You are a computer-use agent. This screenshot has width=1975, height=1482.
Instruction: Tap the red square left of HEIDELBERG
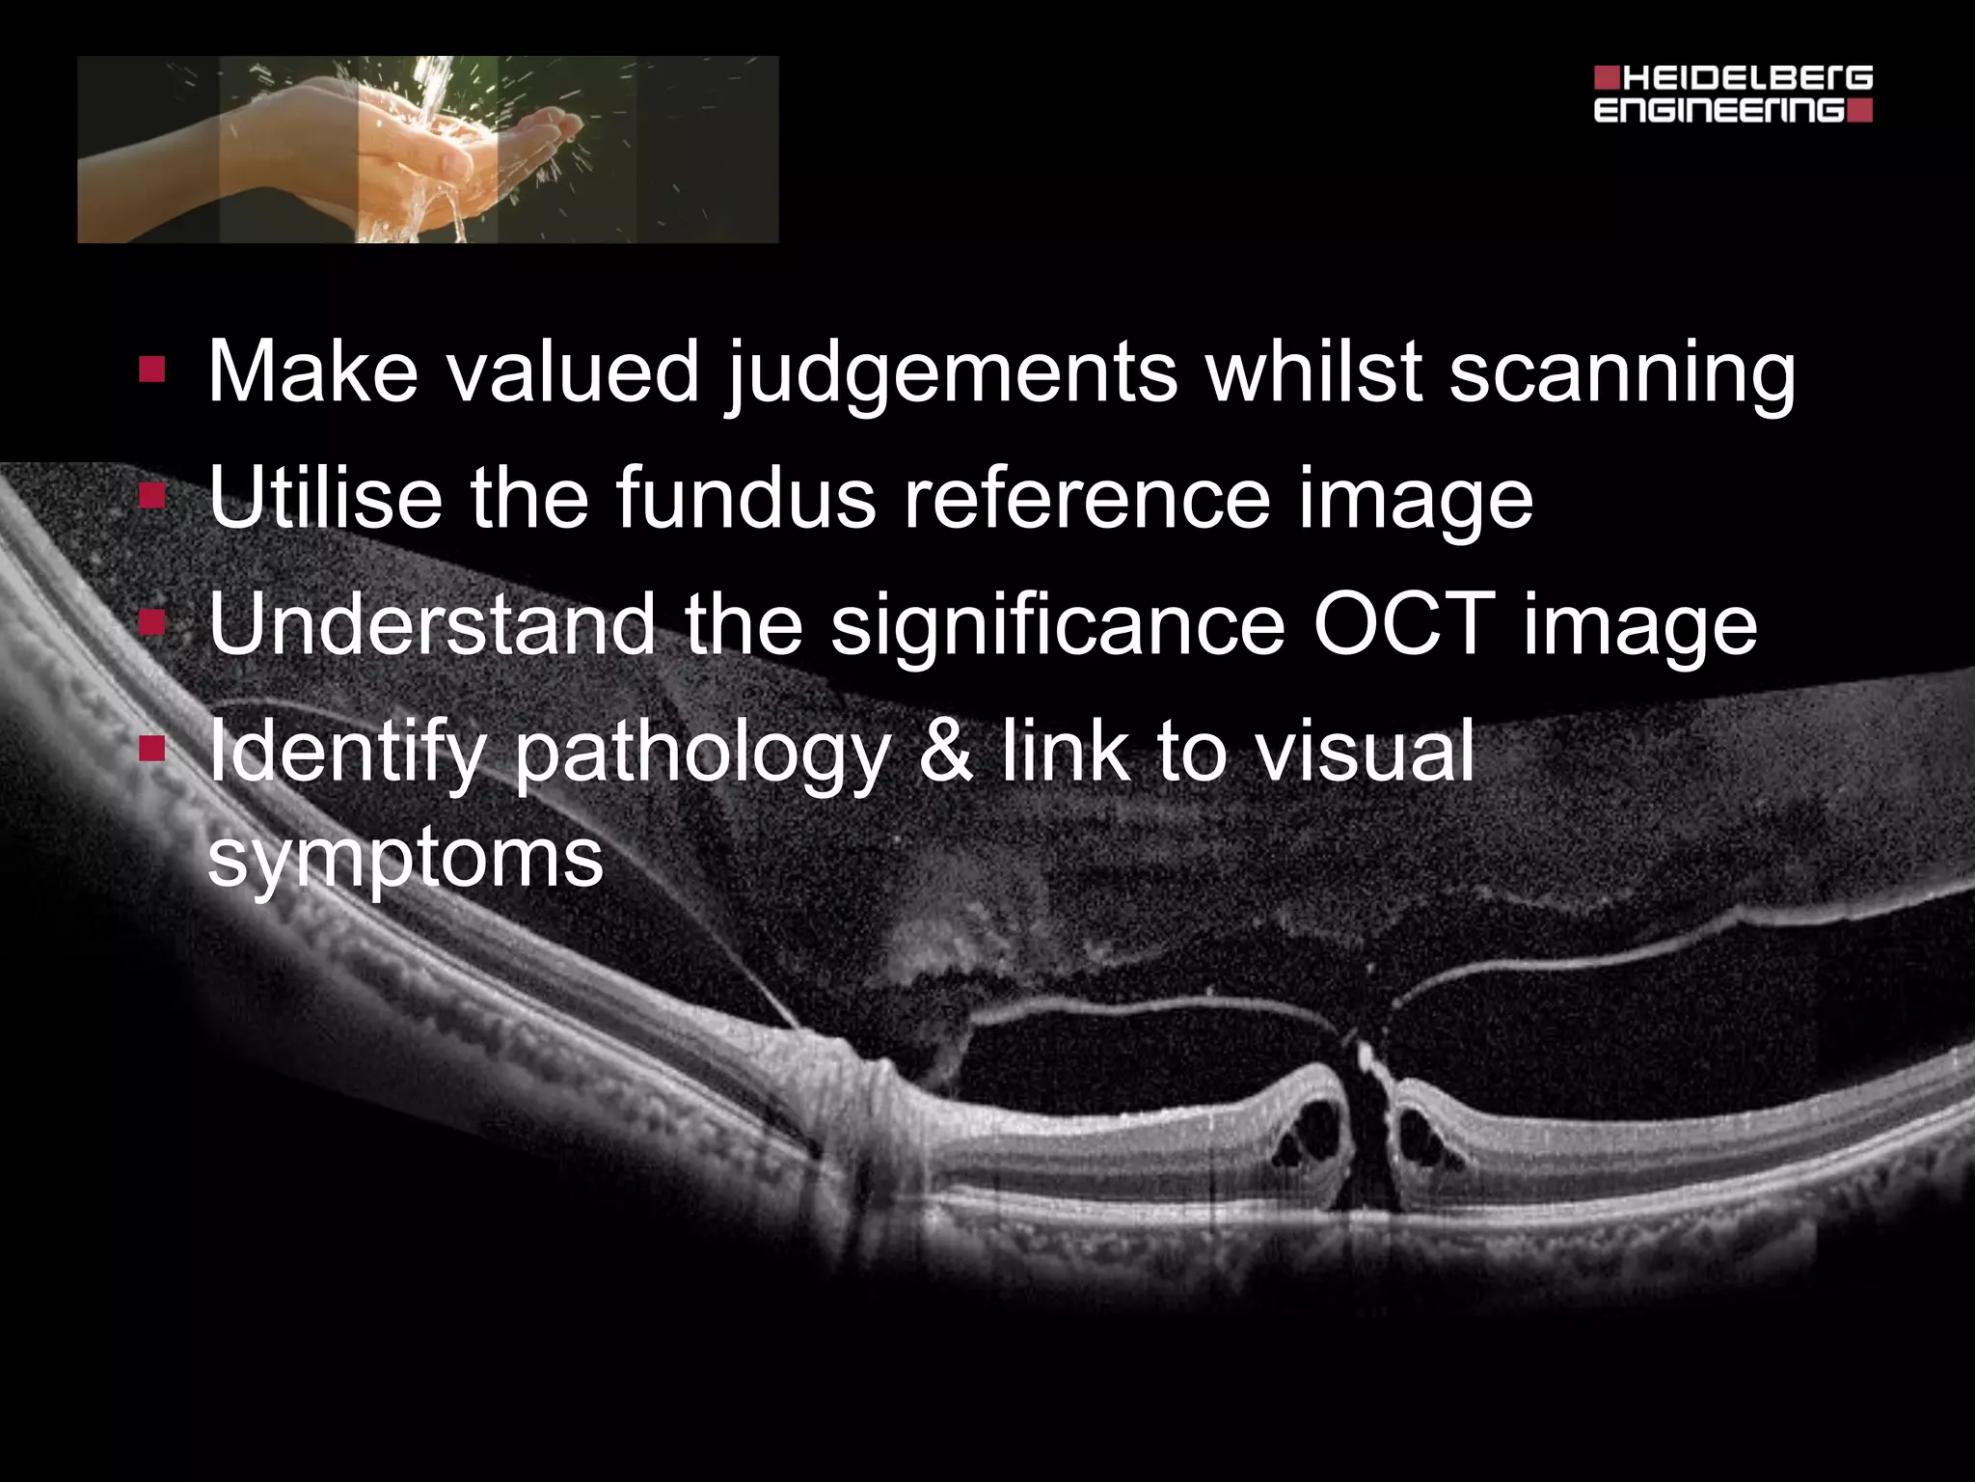[1607, 77]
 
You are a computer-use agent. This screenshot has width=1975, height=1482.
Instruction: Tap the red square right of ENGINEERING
[1862, 110]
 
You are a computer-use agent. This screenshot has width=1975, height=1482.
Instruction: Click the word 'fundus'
[744, 498]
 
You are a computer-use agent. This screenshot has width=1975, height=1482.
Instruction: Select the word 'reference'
[1085, 498]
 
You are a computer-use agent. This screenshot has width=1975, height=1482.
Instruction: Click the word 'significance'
[1057, 624]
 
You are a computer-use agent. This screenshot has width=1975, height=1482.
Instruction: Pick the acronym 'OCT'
[1403, 624]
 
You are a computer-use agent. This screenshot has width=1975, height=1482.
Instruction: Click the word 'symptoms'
[405, 859]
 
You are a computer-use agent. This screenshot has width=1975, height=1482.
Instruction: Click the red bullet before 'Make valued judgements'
[151, 370]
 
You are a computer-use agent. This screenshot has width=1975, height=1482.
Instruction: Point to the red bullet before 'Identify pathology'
[151, 749]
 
